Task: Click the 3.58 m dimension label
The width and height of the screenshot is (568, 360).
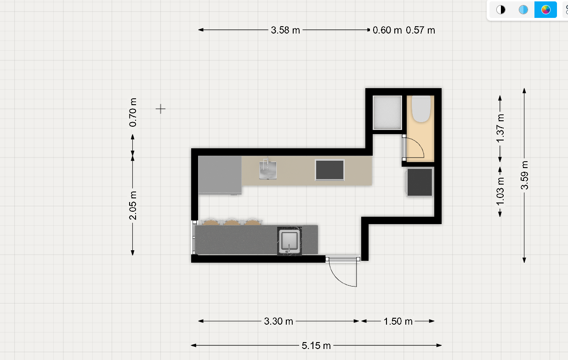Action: [285, 30]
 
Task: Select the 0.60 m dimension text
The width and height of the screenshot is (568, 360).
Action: [387, 30]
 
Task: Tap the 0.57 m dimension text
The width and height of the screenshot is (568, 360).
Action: [420, 30]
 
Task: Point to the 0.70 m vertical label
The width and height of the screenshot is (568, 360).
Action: [133, 112]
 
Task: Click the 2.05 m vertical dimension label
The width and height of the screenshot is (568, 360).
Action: [133, 205]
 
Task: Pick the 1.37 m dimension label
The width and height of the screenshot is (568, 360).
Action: [500, 129]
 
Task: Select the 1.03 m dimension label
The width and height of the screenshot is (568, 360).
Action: [500, 191]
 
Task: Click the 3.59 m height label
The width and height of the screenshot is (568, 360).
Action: [524, 175]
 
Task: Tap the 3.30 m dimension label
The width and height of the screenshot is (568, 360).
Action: [278, 321]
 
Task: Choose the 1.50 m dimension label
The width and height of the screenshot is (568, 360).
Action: [398, 321]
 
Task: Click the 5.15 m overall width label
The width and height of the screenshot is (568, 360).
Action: [316, 346]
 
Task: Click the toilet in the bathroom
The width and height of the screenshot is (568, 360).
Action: [421, 109]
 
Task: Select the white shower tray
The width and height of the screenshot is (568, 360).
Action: [387, 112]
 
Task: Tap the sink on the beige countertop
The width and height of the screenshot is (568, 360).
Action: [268, 169]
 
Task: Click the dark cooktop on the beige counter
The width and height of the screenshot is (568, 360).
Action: [329, 170]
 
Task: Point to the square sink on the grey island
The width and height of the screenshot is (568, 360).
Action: [290, 242]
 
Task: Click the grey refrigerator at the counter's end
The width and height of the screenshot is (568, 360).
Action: [220, 175]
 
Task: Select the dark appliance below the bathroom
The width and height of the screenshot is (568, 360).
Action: [420, 182]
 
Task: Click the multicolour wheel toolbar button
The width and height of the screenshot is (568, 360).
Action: [545, 10]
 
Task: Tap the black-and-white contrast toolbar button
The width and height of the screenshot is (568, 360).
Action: [500, 10]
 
